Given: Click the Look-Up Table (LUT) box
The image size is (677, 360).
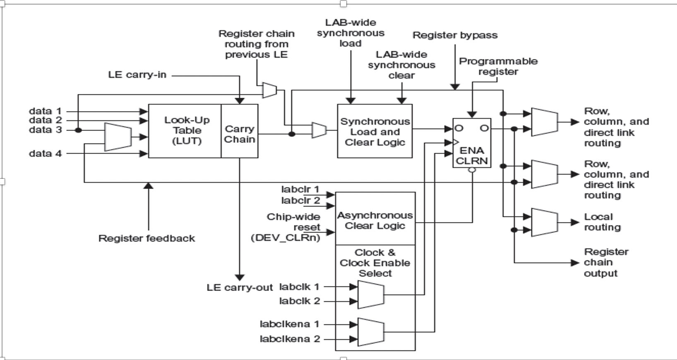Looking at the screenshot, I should point(185,131).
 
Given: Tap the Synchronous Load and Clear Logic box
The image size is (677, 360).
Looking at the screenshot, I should point(375,131).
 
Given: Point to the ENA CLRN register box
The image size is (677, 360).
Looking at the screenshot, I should point(472,143).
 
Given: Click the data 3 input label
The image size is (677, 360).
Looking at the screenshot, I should point(45,130).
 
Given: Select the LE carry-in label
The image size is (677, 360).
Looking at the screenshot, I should point(137,75).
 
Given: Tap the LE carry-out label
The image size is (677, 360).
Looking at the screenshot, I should point(240,288).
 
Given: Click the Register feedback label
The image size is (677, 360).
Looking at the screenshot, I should point(146,238).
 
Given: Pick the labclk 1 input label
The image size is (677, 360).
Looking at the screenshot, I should point(299,286).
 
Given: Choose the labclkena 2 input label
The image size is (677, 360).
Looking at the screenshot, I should point(290,339).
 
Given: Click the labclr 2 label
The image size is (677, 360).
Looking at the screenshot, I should point(300,201).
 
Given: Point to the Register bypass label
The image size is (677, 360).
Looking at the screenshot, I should point(455,36).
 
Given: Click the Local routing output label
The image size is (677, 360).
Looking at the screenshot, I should point(602,222).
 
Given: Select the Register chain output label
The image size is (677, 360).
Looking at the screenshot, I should point(606,262).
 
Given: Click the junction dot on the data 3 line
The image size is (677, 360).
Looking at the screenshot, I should point(78,130).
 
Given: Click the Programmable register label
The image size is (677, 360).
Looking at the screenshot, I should point(498,66).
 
